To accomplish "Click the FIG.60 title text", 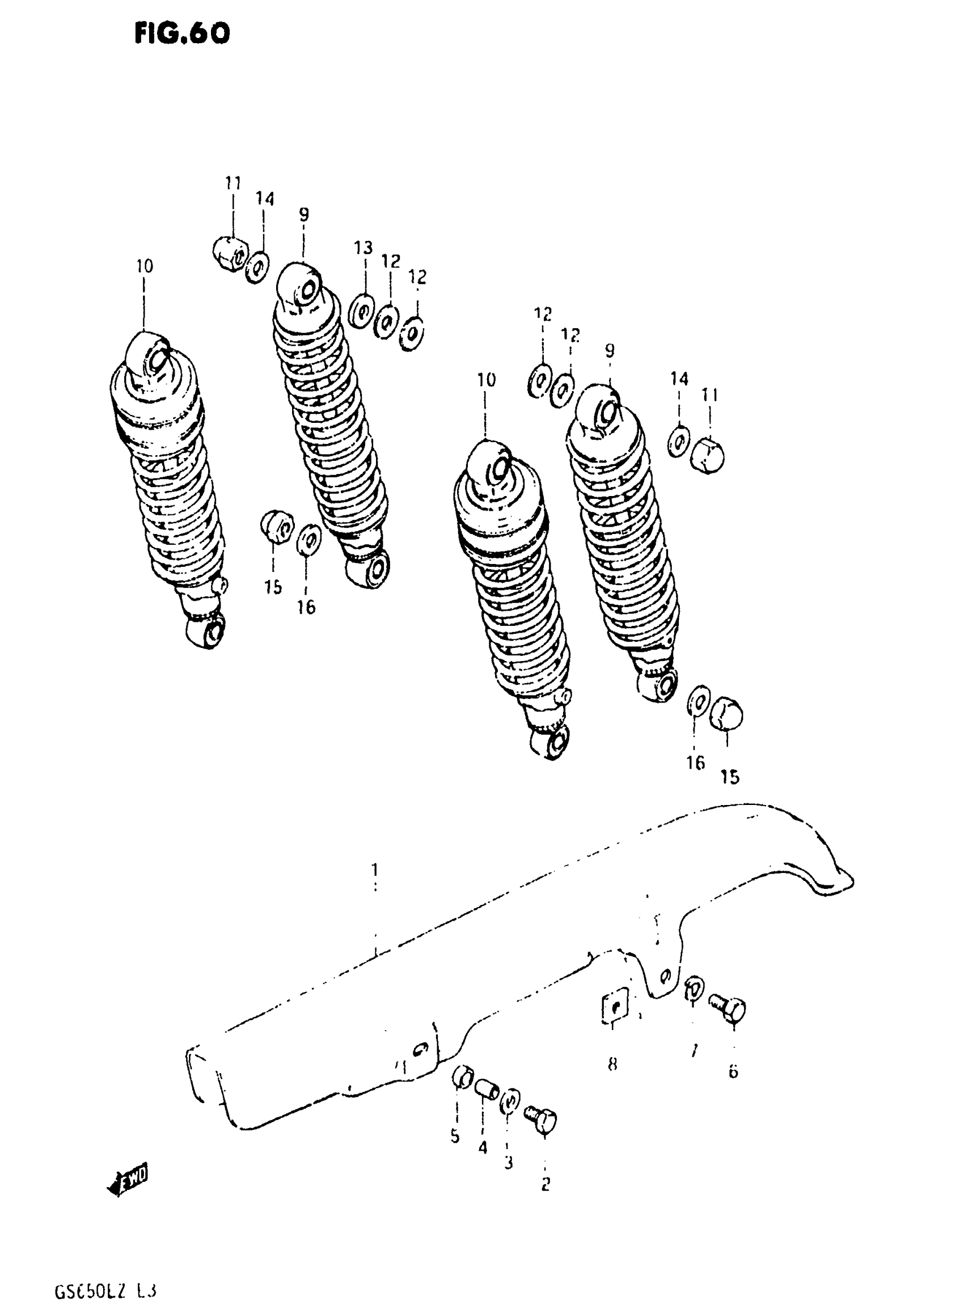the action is point(182,34).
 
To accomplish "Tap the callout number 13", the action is point(363,247).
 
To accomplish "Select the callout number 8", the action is point(612,1065).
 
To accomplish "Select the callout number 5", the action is point(455,1137).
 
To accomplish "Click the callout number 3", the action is point(508,1162).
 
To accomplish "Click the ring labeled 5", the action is point(462,1078).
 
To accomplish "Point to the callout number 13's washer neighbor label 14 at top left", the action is point(264,199).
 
